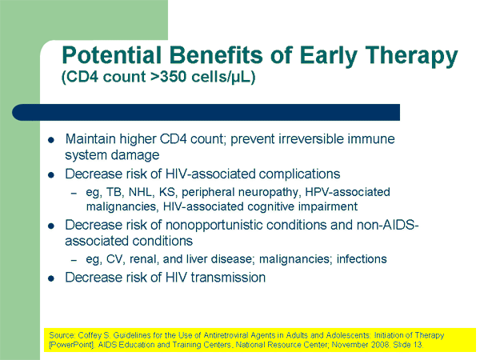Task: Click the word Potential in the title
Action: (x=111, y=55)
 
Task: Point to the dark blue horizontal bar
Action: (x=206, y=112)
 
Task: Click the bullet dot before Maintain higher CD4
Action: (x=51, y=140)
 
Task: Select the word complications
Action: (x=299, y=174)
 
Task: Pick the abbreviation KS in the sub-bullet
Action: (x=167, y=192)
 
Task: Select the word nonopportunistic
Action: (x=214, y=226)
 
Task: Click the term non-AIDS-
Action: (x=387, y=225)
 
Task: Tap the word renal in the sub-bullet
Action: (x=144, y=259)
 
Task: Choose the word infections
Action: (x=362, y=259)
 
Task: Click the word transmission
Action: (x=228, y=278)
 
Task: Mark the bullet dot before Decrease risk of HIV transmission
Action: (x=51, y=278)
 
